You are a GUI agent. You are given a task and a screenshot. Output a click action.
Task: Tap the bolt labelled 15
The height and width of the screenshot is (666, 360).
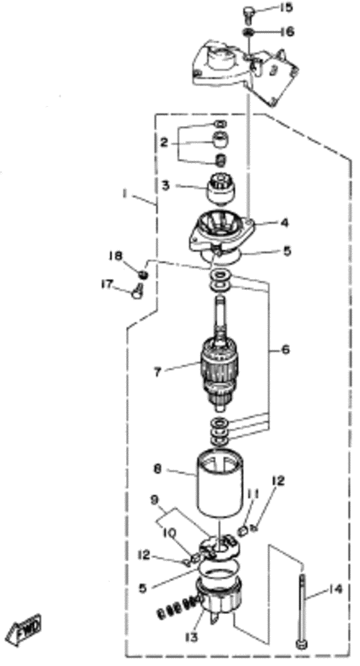pos(249,14)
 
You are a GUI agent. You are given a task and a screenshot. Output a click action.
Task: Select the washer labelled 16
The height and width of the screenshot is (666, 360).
pos(248,32)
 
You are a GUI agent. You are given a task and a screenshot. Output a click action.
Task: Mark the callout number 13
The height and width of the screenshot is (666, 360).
pos(192,638)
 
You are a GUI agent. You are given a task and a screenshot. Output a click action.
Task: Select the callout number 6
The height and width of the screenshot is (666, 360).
pos(285,350)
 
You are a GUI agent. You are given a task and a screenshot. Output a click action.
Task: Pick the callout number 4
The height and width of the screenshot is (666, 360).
pos(284,222)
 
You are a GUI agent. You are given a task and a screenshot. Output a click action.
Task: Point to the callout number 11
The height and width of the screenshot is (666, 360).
pos(253,495)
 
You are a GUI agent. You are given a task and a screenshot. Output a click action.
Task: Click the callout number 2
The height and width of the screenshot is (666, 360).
pos(165,142)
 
